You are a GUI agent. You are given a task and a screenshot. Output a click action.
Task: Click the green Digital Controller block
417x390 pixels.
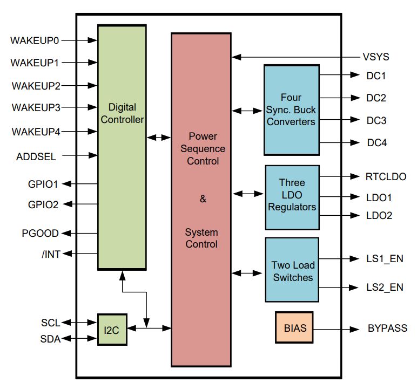tap(122, 147)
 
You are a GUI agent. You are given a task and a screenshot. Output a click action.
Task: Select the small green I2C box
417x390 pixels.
tap(112, 330)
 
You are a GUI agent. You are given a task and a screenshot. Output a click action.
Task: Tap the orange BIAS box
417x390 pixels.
tap(294, 327)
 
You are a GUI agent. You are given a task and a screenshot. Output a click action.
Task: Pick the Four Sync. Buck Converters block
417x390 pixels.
tap(291, 110)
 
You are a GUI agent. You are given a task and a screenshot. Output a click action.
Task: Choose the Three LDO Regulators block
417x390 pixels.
tap(292, 197)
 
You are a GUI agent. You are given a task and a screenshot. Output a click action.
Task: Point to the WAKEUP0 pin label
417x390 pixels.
tap(35, 40)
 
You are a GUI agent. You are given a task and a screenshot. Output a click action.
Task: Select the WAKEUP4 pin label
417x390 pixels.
tap(36, 132)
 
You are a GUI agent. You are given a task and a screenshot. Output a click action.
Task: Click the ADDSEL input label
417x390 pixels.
tap(36, 156)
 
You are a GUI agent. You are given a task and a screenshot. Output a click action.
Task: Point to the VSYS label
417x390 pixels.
tap(376, 57)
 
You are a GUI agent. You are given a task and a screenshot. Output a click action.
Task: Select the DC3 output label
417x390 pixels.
tap(376, 120)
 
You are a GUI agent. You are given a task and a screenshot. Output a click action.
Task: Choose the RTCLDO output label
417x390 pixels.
tap(386, 176)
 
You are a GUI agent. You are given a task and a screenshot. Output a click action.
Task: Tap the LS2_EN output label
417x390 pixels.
tap(385, 287)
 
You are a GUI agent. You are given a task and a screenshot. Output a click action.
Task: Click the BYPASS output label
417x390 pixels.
tap(387, 328)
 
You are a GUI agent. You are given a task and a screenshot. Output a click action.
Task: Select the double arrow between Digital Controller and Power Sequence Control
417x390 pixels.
tap(159, 138)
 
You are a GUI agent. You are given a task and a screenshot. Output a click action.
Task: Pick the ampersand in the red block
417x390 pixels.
tap(203, 199)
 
